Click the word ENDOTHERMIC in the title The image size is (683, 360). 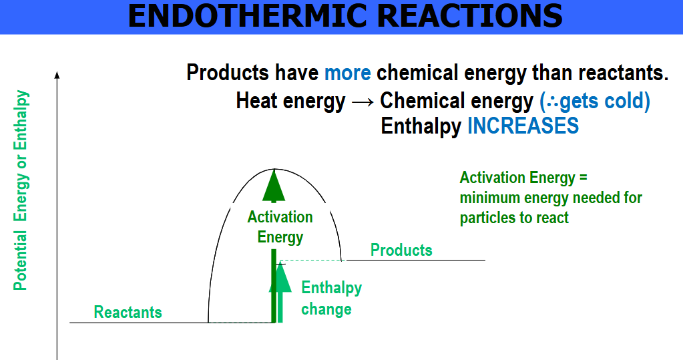248,15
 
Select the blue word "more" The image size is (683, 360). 348,73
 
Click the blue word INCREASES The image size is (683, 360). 523,126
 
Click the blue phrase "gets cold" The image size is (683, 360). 602,101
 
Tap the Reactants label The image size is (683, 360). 128,312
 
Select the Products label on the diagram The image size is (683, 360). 401,250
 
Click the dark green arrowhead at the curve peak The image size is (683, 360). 274,186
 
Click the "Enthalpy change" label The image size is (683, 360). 331,299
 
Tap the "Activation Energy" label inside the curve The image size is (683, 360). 280,227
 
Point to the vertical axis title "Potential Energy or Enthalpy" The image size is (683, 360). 21,190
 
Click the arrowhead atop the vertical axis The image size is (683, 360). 57,75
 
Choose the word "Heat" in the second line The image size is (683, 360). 256,101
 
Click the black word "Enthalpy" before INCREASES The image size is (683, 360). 421,126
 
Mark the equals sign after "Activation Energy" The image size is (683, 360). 584,178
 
